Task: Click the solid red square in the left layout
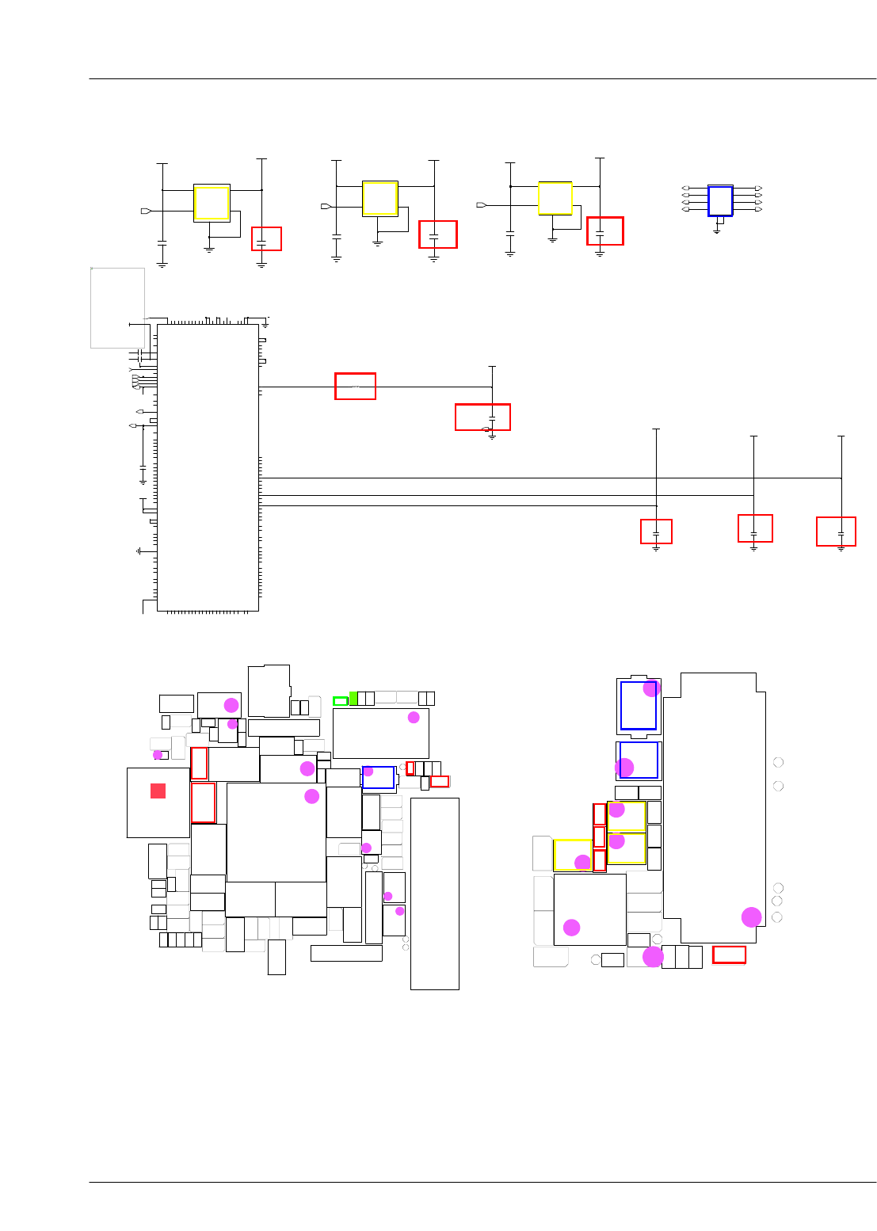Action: (x=158, y=791)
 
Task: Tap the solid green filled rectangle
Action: (x=353, y=698)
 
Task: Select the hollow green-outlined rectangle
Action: (x=340, y=701)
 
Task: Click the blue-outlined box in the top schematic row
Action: (x=720, y=201)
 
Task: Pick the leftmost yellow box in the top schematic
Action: (x=212, y=203)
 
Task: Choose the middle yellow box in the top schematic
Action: (x=379, y=198)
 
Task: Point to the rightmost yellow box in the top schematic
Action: (x=555, y=198)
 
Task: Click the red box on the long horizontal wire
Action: (x=355, y=386)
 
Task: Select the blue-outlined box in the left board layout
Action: (x=378, y=777)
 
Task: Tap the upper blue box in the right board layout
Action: (x=639, y=705)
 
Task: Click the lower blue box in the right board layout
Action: (x=639, y=760)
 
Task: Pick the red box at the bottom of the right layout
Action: (x=729, y=955)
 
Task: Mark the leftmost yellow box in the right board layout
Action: (x=572, y=855)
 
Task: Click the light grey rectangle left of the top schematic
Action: (x=117, y=307)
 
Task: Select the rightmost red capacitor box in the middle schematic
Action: (x=836, y=532)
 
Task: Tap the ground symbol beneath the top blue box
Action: (x=717, y=231)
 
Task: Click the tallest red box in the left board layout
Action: (x=203, y=802)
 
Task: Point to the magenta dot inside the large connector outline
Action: (x=751, y=917)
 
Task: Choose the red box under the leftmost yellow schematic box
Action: (x=266, y=238)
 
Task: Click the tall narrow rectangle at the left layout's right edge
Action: (x=434, y=894)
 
